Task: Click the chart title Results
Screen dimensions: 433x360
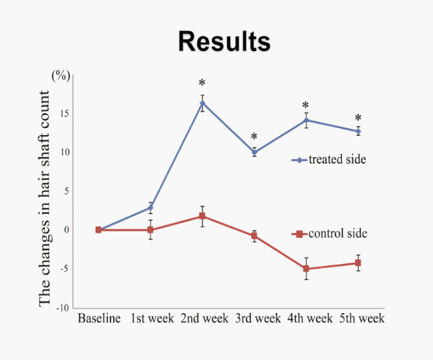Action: pyautogui.click(x=224, y=42)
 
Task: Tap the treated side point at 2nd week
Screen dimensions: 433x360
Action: pyautogui.click(x=202, y=103)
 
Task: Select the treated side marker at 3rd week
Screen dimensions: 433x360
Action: pyautogui.click(x=254, y=152)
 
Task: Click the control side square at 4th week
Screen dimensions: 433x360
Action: pyautogui.click(x=306, y=268)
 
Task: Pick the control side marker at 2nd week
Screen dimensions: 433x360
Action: pyautogui.click(x=202, y=216)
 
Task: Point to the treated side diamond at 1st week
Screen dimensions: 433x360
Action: pyautogui.click(x=150, y=208)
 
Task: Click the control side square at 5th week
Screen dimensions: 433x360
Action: pyautogui.click(x=358, y=263)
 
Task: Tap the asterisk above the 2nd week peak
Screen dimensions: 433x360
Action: pyautogui.click(x=202, y=83)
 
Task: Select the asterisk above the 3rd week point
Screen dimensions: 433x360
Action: pyautogui.click(x=254, y=136)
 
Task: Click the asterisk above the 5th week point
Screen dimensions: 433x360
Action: pyautogui.click(x=358, y=118)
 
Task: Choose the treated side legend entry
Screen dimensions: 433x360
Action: pyautogui.click(x=329, y=160)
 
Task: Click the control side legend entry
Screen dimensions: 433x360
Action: pyautogui.click(x=330, y=233)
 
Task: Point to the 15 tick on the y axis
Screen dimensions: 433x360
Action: pyautogui.click(x=64, y=113)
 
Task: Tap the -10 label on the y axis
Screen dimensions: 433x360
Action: pyautogui.click(x=62, y=308)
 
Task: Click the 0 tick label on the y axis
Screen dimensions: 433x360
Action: pyautogui.click(x=66, y=229)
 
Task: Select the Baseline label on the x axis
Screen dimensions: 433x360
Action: pyautogui.click(x=99, y=318)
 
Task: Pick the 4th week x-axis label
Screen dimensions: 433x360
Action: pyautogui.click(x=310, y=318)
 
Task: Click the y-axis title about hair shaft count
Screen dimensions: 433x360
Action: pyautogui.click(x=44, y=198)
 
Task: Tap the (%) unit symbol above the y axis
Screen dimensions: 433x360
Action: pyautogui.click(x=60, y=75)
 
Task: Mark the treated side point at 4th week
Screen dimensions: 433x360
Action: pyautogui.click(x=306, y=120)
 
